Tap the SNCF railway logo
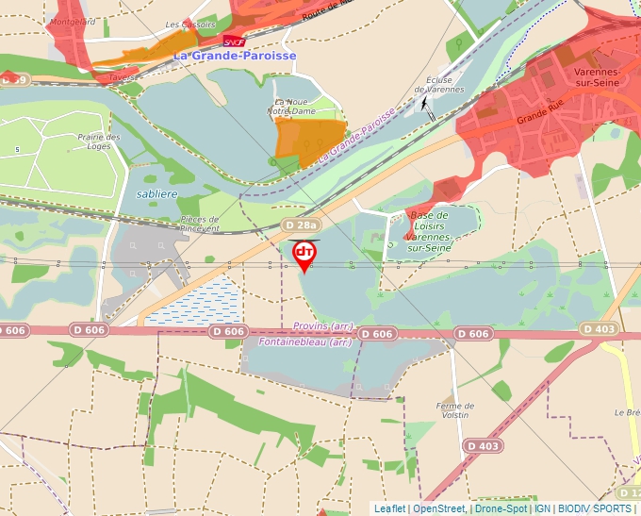234,42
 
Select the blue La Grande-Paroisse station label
235,56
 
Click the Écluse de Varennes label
445,85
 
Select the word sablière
156,193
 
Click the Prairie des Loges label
99,141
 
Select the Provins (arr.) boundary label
323,326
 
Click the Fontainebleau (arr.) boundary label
305,341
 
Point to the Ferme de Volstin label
454,409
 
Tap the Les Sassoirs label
190,25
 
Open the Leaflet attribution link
390,508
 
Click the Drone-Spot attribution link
501,508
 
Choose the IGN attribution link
542,508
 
